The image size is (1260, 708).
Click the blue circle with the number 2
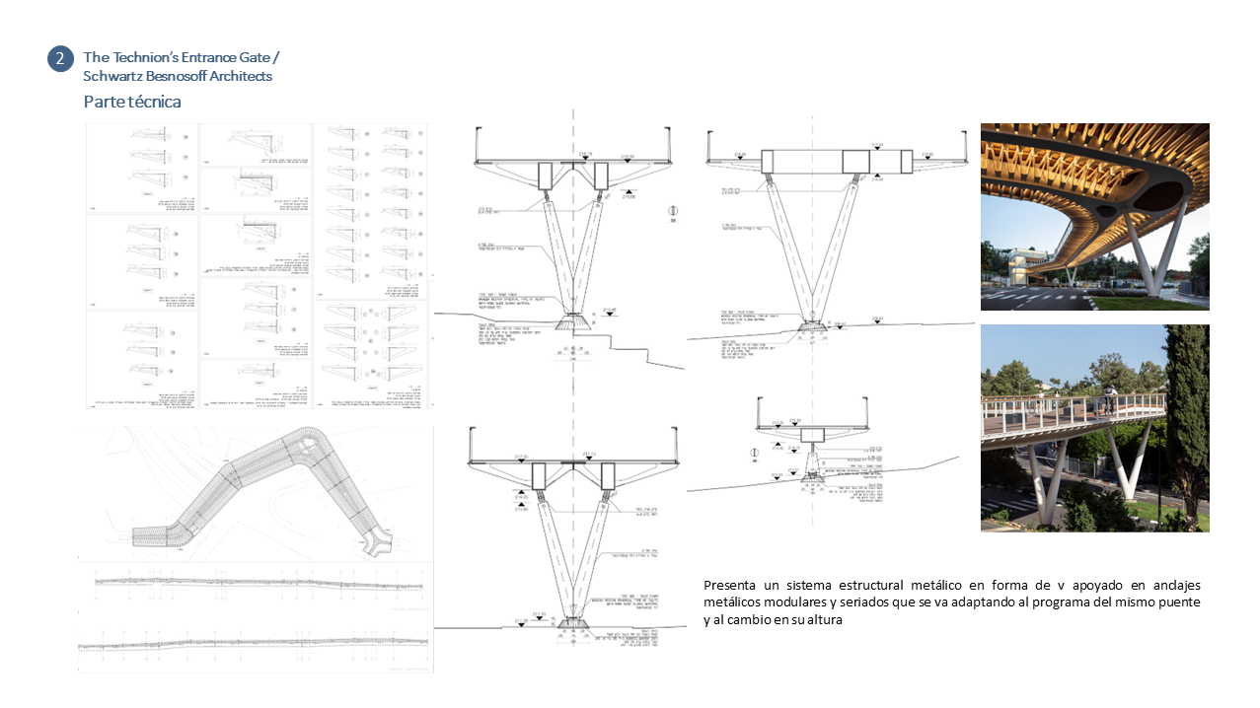(x=60, y=59)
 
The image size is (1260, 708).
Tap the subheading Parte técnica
(x=132, y=102)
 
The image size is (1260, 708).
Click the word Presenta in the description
(x=731, y=583)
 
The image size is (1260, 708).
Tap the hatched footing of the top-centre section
(x=573, y=321)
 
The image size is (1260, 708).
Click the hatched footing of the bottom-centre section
(x=573, y=623)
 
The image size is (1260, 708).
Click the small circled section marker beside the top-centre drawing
(x=673, y=211)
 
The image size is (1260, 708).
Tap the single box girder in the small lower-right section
(x=812, y=435)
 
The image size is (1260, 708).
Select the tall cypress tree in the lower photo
(x=1188, y=414)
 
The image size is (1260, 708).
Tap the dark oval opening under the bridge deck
(x=1149, y=194)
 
